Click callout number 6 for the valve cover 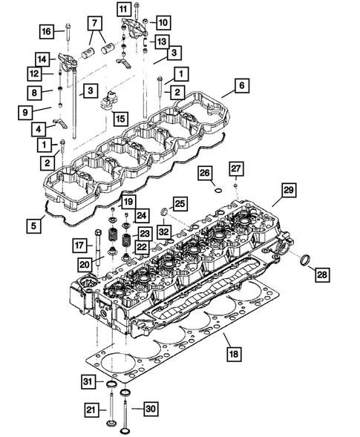click(241, 86)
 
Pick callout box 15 click(119, 118)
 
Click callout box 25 click(180, 203)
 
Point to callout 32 click(163, 232)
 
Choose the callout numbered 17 click(79, 246)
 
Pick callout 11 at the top click(123, 8)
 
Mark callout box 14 click(42, 59)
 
